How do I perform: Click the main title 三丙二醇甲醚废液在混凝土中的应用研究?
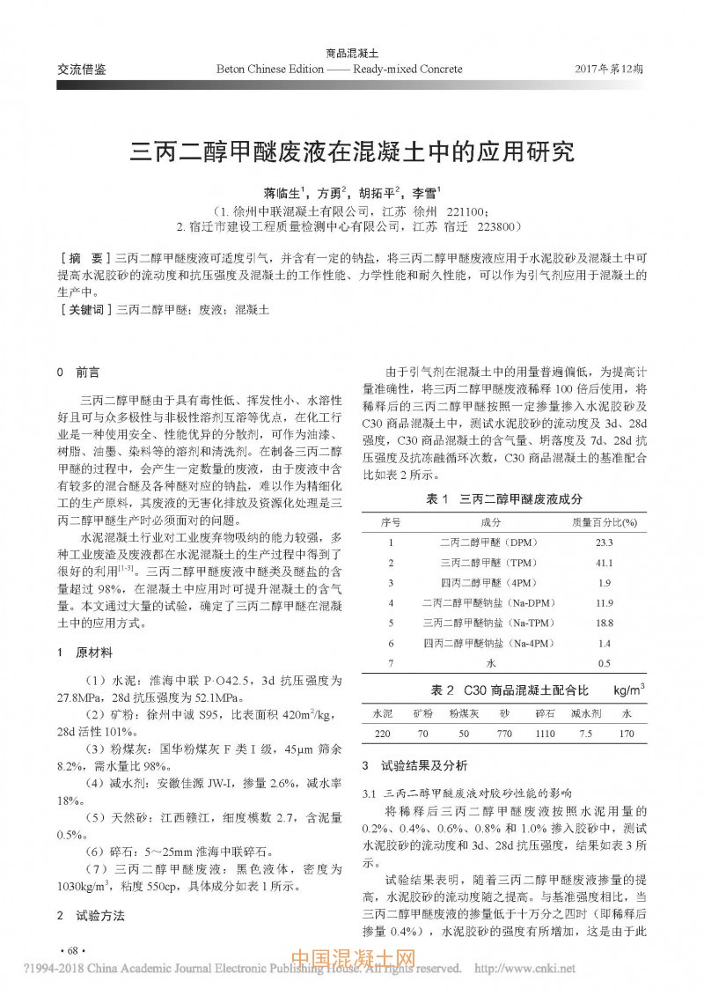click(x=352, y=151)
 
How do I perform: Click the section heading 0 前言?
click(x=77, y=373)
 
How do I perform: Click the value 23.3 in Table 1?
click(x=604, y=542)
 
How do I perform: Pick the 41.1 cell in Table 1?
click(x=604, y=562)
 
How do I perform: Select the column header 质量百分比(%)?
click(x=605, y=521)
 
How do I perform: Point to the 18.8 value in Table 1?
click(x=604, y=623)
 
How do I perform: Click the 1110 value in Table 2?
click(x=545, y=733)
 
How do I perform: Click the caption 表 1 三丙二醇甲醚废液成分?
click(x=504, y=498)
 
